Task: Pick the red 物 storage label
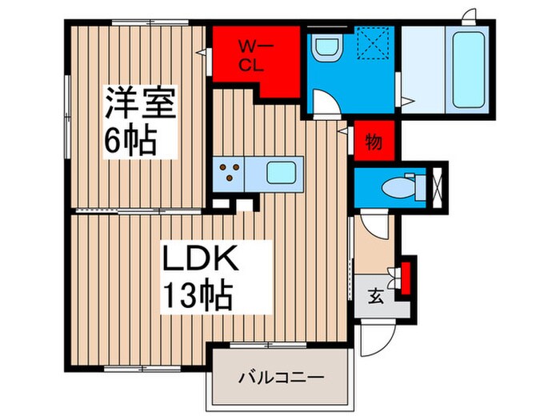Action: [374, 142]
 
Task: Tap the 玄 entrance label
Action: [374, 294]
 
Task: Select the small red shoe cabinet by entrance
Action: [406, 275]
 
